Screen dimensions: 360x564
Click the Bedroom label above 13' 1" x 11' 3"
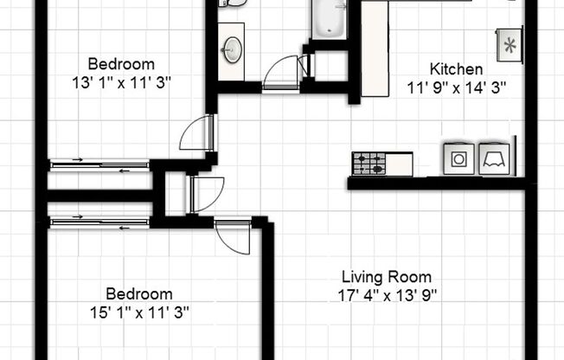tap(122, 64)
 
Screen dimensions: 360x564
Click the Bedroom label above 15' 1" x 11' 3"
tap(138, 293)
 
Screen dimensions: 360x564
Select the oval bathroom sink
tap(231, 49)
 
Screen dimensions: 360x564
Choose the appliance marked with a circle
tap(456, 157)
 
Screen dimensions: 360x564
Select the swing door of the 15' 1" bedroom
tap(234, 235)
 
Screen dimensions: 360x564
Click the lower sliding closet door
tap(99, 222)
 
